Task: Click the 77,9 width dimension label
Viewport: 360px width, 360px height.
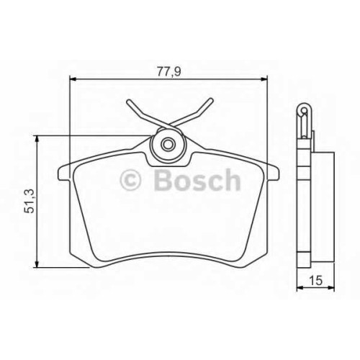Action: click(168, 71)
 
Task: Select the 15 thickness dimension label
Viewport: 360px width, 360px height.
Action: click(315, 280)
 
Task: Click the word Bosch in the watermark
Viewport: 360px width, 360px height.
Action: click(197, 179)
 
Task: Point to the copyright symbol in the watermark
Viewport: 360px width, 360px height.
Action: click(130, 180)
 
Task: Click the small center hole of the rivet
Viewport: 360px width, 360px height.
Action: click(167, 145)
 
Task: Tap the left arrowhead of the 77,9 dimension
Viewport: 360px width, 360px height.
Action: click(73, 78)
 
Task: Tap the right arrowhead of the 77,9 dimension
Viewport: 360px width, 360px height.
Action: click(264, 78)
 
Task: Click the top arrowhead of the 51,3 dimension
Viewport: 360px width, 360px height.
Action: click(37, 140)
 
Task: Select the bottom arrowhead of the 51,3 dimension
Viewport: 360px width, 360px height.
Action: click(37, 264)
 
